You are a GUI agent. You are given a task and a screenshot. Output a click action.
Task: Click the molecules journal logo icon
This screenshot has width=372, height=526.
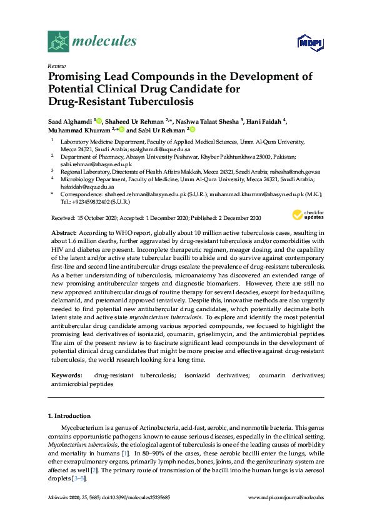tap(58, 41)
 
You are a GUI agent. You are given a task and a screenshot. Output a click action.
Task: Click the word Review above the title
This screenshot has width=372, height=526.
tap(56, 65)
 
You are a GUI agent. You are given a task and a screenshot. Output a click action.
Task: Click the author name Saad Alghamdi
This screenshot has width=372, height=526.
tap(70, 120)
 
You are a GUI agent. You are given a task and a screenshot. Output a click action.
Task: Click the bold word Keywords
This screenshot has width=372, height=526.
tap(66, 375)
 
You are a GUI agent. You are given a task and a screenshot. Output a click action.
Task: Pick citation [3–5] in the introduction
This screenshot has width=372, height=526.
tap(78, 478)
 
